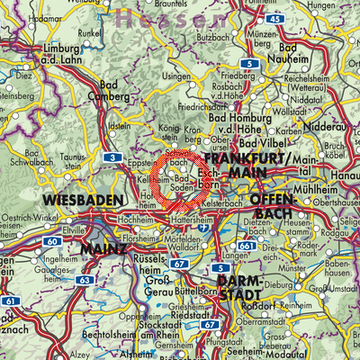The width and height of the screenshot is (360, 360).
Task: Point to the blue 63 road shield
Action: tap(84, 280)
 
